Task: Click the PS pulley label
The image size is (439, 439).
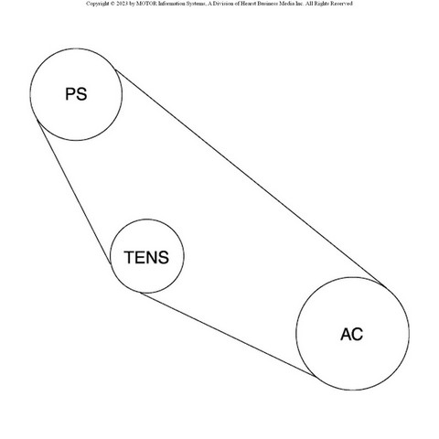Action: tap(76, 94)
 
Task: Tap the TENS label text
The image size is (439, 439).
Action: tap(146, 257)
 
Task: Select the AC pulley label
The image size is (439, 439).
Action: tap(352, 334)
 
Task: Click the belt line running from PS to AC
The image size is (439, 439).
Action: tap(251, 178)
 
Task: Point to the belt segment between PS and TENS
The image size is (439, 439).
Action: tap(74, 192)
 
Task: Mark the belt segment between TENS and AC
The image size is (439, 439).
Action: tap(229, 334)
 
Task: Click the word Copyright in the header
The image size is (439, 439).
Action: tap(98, 4)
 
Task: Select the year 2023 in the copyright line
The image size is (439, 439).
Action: tap(122, 4)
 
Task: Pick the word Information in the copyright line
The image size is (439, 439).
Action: tap(171, 4)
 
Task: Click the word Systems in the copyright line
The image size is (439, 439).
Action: tap(194, 4)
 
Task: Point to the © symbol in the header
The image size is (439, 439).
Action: tap(112, 4)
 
